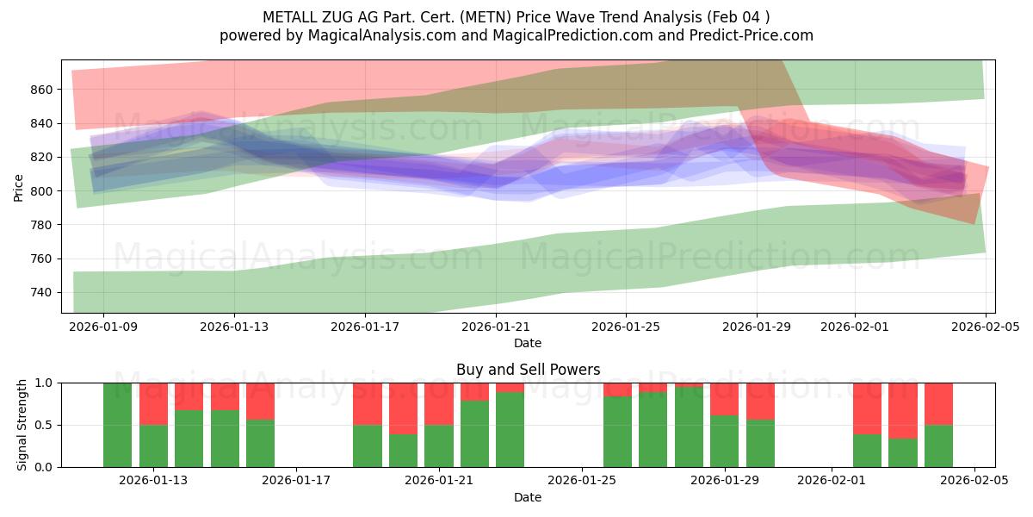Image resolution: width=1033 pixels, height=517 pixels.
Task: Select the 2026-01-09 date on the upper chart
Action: click(103, 327)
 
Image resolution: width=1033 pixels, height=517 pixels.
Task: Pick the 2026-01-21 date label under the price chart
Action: click(496, 327)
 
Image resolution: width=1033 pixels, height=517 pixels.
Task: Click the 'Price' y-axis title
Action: click(19, 187)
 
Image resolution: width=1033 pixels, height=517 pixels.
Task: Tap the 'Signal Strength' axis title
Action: click(23, 425)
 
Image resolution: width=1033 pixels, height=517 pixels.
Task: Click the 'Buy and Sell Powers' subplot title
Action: click(528, 370)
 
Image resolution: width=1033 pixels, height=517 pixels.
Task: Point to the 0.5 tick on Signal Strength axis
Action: click(44, 425)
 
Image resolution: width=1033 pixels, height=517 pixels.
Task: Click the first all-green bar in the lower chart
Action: click(117, 425)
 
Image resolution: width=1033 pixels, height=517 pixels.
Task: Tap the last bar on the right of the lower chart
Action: click(938, 425)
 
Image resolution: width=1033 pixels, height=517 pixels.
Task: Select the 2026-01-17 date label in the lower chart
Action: click(296, 481)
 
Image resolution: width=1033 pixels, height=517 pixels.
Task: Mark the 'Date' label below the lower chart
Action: click(528, 497)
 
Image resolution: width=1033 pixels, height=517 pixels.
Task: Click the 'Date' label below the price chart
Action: click(528, 343)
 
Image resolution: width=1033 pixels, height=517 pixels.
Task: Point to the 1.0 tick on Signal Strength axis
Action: click(44, 383)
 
